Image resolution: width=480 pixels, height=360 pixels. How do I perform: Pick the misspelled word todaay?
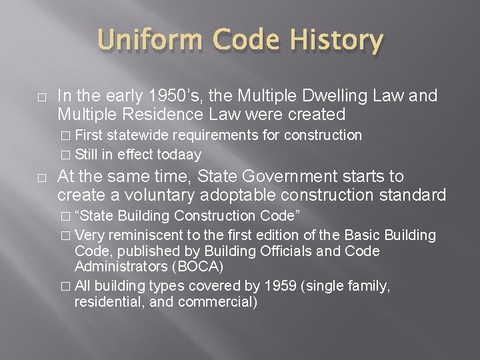tap(178, 154)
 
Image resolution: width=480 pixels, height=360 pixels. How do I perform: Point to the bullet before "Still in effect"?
tap(65, 155)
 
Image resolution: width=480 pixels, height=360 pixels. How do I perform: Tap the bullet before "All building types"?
tap(65, 286)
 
